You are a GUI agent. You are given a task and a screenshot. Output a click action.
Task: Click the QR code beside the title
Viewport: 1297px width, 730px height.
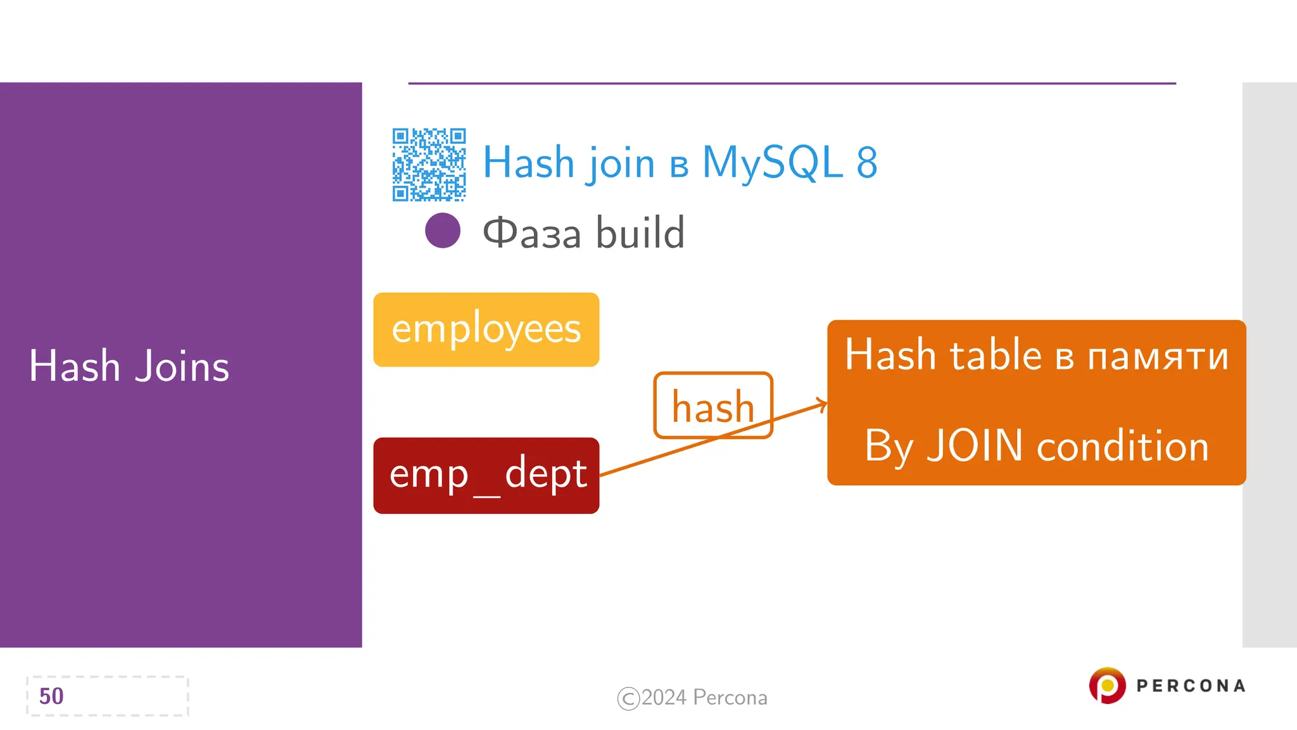tap(429, 165)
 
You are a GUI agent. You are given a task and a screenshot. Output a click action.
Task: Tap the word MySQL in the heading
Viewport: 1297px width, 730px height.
tap(772, 163)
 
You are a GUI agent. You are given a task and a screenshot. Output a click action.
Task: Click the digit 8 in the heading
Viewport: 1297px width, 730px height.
tap(867, 163)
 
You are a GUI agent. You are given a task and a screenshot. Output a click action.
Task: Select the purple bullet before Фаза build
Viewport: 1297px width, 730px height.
tap(443, 231)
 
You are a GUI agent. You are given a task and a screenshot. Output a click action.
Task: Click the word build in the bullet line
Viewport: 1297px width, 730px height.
tap(640, 233)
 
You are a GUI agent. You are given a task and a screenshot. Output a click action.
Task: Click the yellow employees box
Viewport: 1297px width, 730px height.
tap(486, 330)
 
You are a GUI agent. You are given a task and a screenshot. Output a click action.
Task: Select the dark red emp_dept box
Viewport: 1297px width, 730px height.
tap(486, 475)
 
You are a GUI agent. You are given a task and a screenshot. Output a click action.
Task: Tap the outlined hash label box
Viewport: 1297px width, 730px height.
tap(712, 406)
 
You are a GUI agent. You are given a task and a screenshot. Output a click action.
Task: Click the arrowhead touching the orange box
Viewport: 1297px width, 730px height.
tap(823, 404)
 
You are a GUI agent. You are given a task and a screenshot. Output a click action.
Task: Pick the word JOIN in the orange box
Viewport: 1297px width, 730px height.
tap(975, 445)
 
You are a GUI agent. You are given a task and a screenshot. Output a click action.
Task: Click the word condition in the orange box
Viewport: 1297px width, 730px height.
tap(1122, 445)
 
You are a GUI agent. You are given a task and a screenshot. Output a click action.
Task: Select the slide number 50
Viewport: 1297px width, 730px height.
tap(51, 696)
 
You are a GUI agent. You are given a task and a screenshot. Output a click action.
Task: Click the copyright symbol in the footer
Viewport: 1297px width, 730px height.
tap(628, 698)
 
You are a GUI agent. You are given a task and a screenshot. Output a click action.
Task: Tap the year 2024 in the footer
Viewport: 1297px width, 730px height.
tap(664, 698)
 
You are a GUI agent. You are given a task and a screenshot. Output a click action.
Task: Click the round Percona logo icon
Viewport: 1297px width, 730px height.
tap(1107, 686)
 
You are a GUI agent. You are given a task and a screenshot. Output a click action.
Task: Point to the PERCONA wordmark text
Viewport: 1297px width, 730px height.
tap(1191, 686)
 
